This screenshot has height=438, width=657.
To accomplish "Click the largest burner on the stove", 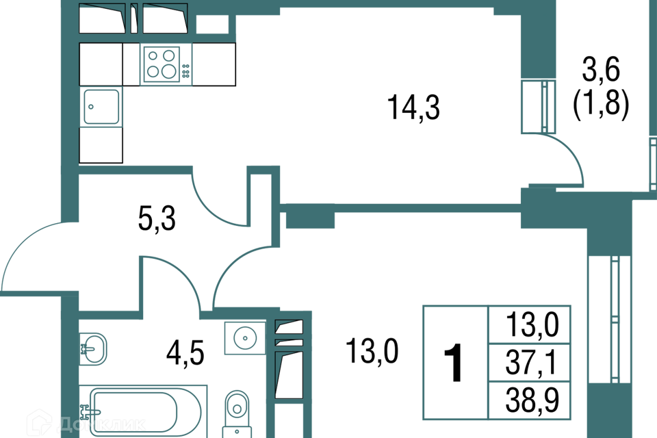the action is pyautogui.click(x=169, y=71).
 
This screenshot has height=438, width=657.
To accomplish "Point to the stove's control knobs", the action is pyautogui.click(x=185, y=70).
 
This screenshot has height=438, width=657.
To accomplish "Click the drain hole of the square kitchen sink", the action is pyautogui.click(x=91, y=107).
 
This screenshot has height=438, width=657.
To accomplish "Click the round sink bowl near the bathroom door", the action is pyautogui.click(x=244, y=337).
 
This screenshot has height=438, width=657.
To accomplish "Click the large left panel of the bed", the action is pyautogui.click(x=455, y=362).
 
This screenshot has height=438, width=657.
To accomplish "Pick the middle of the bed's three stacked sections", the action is pyautogui.click(x=529, y=362).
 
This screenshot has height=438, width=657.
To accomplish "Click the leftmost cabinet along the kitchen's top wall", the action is pyautogui.click(x=103, y=18).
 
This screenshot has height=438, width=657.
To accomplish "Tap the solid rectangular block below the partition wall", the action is pyautogui.click(x=310, y=221).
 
